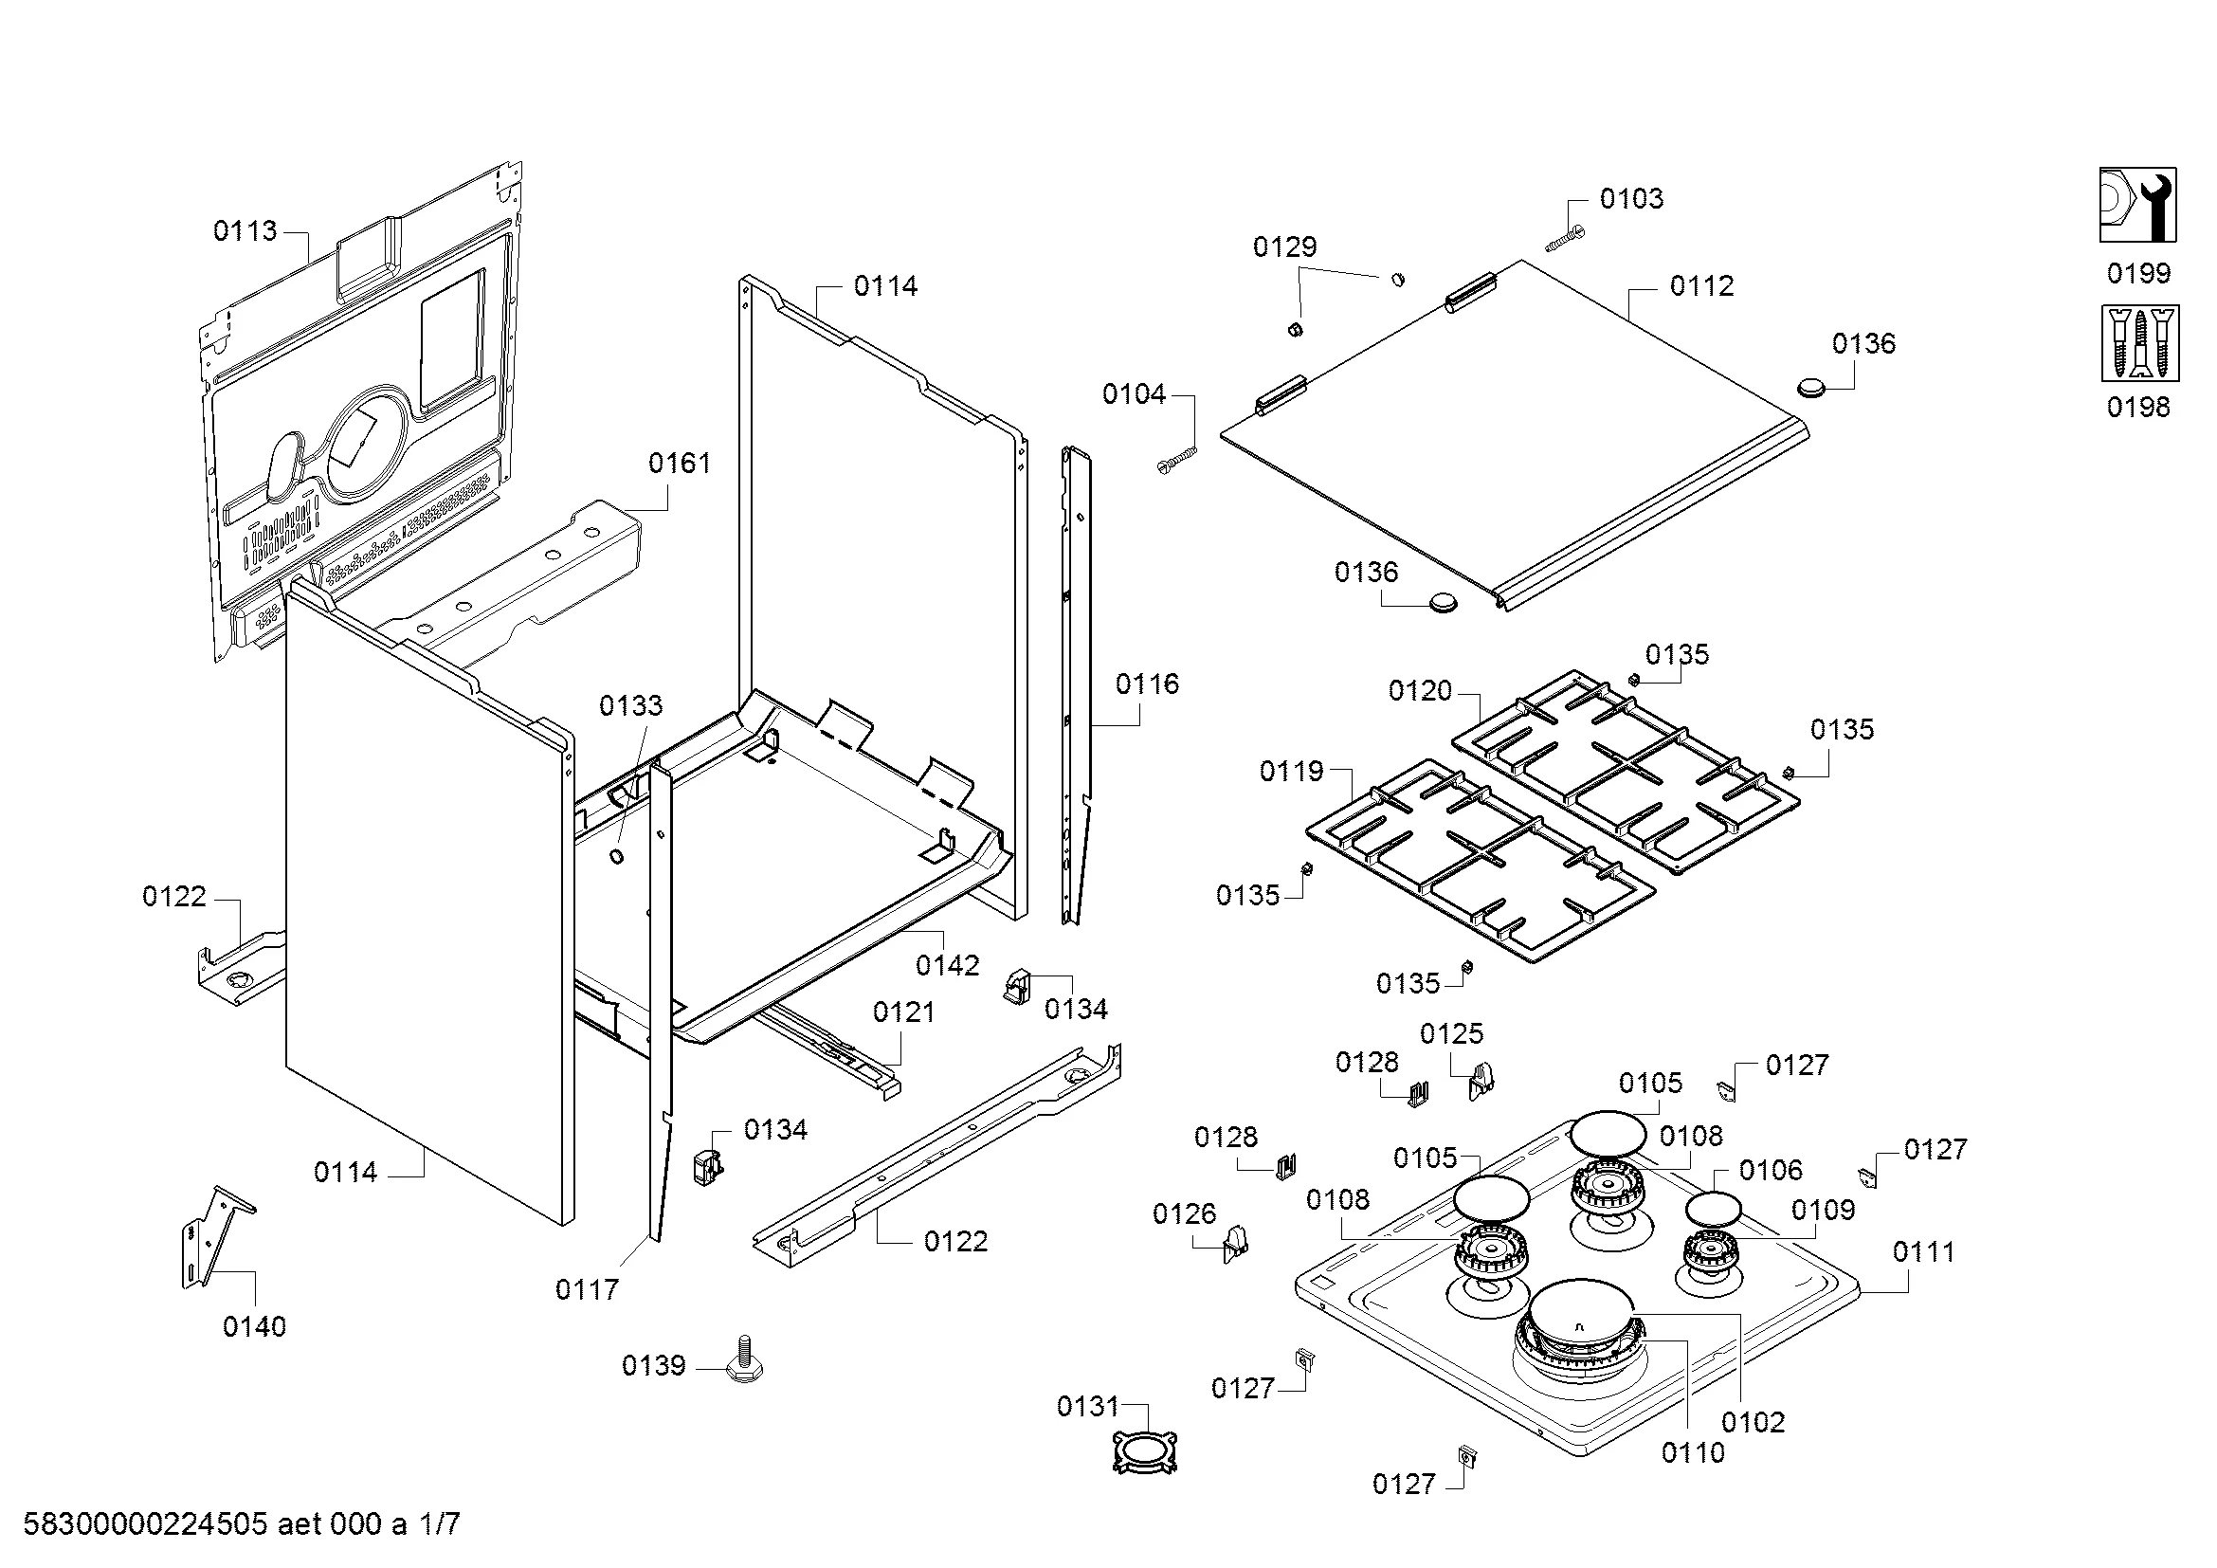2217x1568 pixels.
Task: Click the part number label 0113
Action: pyautogui.click(x=245, y=230)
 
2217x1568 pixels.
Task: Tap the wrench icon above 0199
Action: pyautogui.click(x=2137, y=205)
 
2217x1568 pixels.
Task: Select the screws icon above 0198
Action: pyautogui.click(x=2137, y=343)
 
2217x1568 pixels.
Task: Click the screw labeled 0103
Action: pyautogui.click(x=1565, y=239)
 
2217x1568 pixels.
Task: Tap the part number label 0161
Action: pyautogui.click(x=679, y=464)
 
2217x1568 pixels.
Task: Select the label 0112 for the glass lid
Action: pyautogui.click(x=1701, y=285)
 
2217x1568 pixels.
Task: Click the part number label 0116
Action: pyautogui.click(x=1147, y=684)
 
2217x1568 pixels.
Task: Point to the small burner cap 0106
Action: pyautogui.click(x=1713, y=1209)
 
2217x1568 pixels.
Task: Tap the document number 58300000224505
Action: pyautogui.click(x=145, y=1524)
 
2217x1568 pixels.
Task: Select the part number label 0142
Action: pyautogui.click(x=947, y=964)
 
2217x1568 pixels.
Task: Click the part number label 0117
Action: pyautogui.click(x=586, y=1289)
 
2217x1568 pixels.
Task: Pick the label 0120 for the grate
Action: pyautogui.click(x=1420, y=690)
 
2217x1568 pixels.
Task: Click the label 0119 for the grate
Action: pyautogui.click(x=1291, y=771)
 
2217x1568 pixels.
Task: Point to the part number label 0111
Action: pyautogui.click(x=1922, y=1252)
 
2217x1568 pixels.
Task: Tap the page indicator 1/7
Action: pyautogui.click(x=440, y=1524)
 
